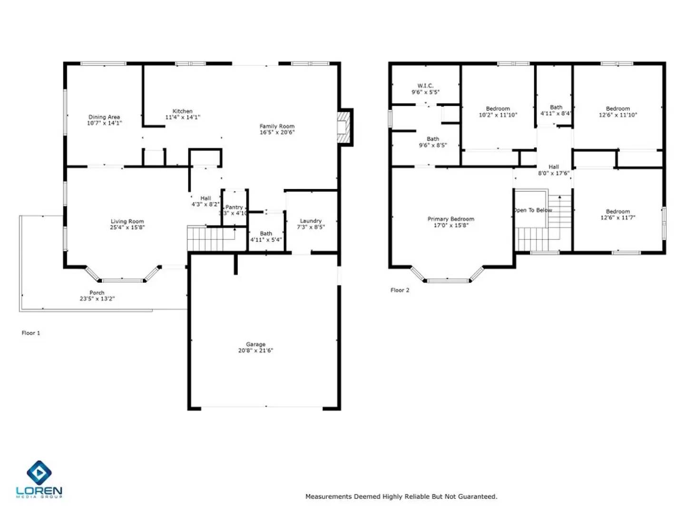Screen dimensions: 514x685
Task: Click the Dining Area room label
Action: [x=104, y=117]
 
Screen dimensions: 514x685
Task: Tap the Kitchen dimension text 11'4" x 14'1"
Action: [x=182, y=117]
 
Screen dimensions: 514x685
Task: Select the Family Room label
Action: [x=277, y=126]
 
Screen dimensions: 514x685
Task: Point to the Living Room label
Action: [x=127, y=221]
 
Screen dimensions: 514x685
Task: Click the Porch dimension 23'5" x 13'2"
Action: [x=97, y=299]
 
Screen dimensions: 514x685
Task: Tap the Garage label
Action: [x=255, y=344]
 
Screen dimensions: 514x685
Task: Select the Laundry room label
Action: [x=311, y=221]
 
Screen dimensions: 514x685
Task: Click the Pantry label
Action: [x=234, y=207]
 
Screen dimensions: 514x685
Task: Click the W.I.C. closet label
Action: [x=425, y=86]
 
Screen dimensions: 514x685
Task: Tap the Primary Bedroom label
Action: [x=450, y=219]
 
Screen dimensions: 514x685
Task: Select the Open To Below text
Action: [x=533, y=210]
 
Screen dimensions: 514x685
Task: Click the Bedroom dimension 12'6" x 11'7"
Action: [x=617, y=217]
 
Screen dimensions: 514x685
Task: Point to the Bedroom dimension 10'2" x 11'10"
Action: [x=498, y=115]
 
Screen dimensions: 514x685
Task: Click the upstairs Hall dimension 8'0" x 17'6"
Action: [x=553, y=173]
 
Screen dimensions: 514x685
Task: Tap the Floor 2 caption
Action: [x=400, y=290]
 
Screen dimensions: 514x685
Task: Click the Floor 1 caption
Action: [x=31, y=333]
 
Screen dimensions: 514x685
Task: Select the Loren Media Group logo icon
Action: [x=39, y=473]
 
